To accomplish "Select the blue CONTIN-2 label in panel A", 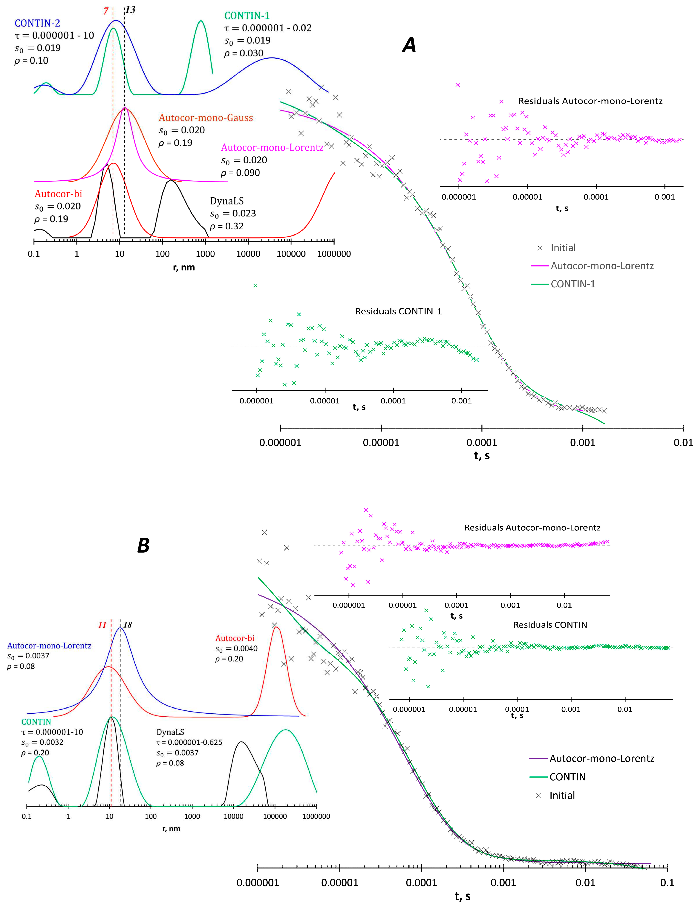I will (37, 23).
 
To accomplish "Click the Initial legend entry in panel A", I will (563, 248).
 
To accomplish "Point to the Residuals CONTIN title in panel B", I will (550, 625).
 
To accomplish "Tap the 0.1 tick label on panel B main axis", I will (667, 883).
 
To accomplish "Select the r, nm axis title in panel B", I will (171, 828).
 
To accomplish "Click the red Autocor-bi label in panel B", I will (235, 638).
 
